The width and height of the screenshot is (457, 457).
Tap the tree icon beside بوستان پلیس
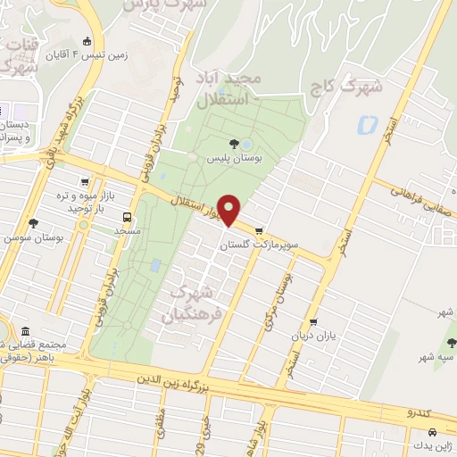[234, 143]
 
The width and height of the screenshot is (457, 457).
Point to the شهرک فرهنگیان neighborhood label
[191, 303]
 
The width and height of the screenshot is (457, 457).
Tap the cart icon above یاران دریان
[312, 322]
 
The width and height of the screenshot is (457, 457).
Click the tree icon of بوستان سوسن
[33, 224]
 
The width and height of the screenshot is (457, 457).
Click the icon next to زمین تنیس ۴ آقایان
[87, 41]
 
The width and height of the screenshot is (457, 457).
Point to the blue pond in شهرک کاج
[364, 125]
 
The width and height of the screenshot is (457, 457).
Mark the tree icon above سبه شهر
[451, 341]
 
